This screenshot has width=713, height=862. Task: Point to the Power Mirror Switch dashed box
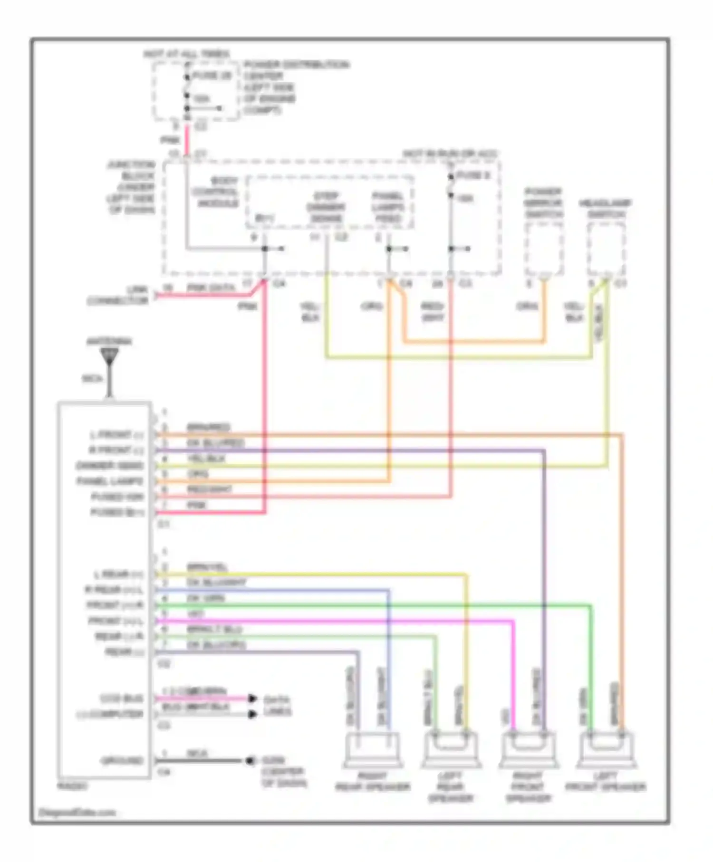point(544,249)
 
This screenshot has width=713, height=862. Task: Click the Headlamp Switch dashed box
point(606,249)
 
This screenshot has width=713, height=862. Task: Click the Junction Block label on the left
point(131,187)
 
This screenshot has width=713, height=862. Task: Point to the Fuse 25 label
point(212,76)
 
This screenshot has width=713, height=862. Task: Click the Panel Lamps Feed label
point(387,207)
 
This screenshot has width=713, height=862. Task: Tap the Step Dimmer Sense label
point(326,207)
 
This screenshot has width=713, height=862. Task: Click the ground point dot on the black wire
point(249,761)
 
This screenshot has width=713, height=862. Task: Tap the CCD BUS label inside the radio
point(121,699)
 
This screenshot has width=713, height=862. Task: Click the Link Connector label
point(117,295)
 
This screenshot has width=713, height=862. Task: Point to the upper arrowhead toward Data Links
point(253,699)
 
